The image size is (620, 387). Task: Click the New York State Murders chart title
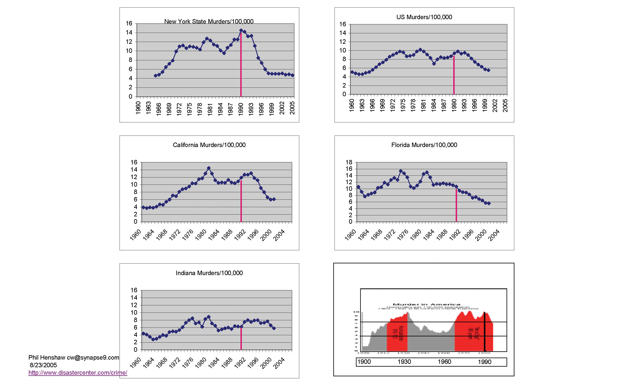coord(209,22)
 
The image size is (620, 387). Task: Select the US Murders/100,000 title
coord(424,17)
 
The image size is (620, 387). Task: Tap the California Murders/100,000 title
coord(209,145)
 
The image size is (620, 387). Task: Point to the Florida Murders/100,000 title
coord(424,145)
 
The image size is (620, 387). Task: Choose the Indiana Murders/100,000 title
coord(209,273)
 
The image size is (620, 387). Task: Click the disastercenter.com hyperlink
coord(78,372)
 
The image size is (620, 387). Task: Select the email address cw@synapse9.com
coord(93,357)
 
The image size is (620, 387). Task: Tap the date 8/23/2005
coord(43,365)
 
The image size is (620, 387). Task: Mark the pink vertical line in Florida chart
coord(456,205)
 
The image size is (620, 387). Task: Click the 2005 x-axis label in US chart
coord(505,105)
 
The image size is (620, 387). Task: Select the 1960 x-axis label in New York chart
coord(138,107)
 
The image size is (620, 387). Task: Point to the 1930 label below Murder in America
coord(404,362)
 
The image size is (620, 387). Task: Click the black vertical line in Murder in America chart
coord(485,333)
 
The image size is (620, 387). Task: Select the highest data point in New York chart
coord(241,30)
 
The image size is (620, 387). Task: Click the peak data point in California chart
coord(209,168)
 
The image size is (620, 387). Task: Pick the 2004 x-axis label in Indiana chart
coord(279,363)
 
